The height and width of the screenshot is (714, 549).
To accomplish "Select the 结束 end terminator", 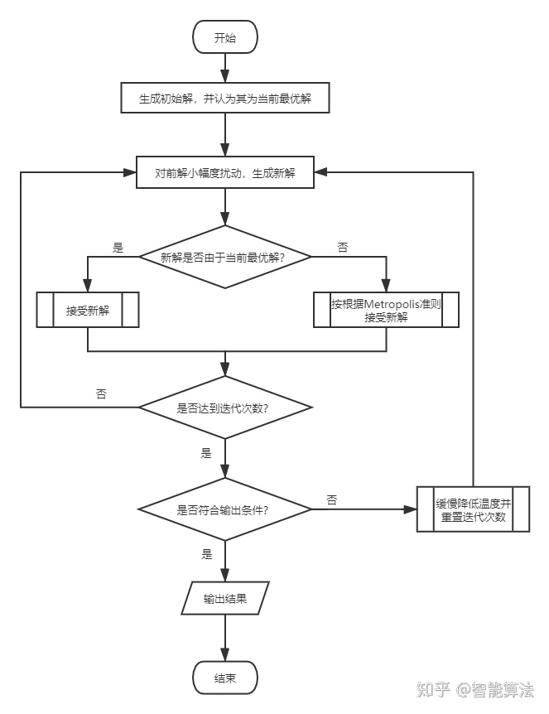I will [x=224, y=678].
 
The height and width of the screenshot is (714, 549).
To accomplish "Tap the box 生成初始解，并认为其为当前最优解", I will [x=224, y=99].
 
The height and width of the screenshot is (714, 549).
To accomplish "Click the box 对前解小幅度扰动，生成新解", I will [x=224, y=173].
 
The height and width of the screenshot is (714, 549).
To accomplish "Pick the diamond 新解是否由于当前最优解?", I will [x=224, y=257].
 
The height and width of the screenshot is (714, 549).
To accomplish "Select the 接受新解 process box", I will [x=88, y=311].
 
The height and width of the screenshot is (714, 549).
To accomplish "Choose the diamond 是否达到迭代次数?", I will [x=224, y=408].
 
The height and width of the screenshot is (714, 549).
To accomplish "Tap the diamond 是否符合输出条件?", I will [x=224, y=509].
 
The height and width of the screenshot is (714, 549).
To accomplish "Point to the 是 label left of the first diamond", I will [x=117, y=247].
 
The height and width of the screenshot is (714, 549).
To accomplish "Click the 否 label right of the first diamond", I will [x=343, y=247].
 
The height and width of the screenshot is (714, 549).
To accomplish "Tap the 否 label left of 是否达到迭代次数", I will [x=101, y=394].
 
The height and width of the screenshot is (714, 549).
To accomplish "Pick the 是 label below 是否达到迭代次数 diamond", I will [x=206, y=453].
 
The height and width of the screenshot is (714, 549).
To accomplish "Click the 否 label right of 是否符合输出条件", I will [x=331, y=499].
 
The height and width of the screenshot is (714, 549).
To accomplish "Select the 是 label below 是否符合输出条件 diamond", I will [x=206, y=552].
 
